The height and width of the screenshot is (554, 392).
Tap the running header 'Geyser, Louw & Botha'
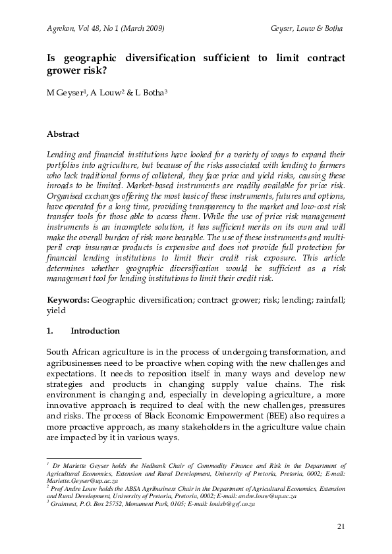307,29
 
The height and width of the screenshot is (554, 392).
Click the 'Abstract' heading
63,134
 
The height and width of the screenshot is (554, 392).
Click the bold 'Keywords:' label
68,299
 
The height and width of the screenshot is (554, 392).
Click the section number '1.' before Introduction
50,330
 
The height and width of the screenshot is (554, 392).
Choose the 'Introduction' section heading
95,330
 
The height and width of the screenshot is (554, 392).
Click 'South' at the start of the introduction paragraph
59,352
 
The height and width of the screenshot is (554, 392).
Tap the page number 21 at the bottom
341,526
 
